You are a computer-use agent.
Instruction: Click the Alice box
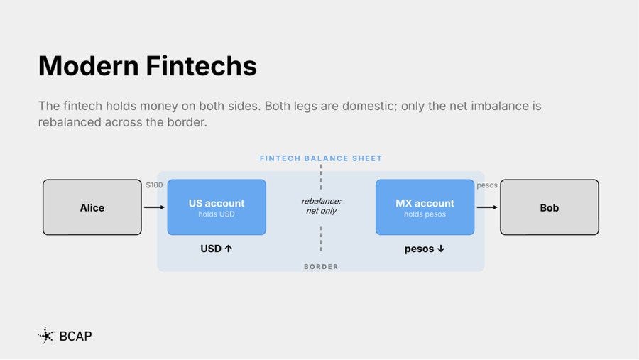[92, 207]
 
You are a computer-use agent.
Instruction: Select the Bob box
[550, 207]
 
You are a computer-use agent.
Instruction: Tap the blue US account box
[217, 207]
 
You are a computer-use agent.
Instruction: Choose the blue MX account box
[425, 207]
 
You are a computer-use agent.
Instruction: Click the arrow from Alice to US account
[155, 207]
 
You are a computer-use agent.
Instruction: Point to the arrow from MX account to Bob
[487, 207]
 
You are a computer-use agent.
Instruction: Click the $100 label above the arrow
[154, 185]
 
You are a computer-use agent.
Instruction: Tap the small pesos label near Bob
[487, 185]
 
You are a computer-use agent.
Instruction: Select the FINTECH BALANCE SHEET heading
[321, 158]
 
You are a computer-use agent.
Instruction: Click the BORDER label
[321, 267]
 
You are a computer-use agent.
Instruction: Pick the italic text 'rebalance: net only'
[321, 206]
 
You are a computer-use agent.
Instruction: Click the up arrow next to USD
[228, 249]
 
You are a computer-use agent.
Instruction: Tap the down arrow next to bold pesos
[440, 249]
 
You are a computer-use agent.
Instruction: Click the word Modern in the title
[89, 65]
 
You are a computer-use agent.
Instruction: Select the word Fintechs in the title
[202, 65]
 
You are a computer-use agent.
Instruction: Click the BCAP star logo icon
[46, 336]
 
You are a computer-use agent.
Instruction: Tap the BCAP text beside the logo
[75, 337]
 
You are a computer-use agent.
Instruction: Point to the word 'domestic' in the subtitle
[368, 106]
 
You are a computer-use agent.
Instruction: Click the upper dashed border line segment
[321, 177]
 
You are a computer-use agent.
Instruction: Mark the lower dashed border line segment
[321, 239]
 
